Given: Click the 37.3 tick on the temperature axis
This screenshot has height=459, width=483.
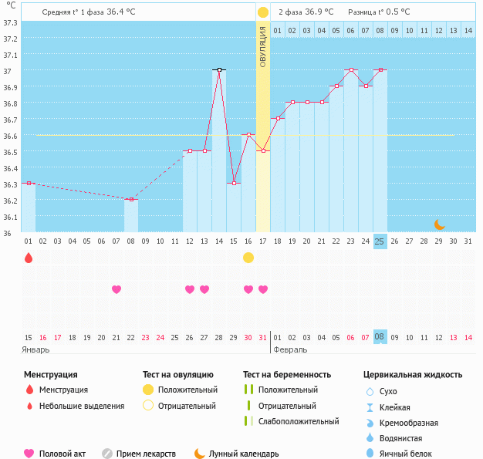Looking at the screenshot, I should pos(10,22).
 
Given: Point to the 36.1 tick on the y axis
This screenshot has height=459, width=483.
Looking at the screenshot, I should pos(10,217).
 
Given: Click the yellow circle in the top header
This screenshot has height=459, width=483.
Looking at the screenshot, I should pos(263,12).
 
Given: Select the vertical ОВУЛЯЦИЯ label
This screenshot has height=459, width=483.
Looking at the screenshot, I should pos(263,46).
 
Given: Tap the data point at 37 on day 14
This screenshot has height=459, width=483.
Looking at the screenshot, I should pos(219,70).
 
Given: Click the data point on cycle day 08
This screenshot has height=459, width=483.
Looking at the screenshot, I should pos(131,200).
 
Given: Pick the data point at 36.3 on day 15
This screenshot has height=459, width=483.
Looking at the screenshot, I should pos(234,184).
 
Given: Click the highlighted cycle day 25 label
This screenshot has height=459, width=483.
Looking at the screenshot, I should pos(380,241).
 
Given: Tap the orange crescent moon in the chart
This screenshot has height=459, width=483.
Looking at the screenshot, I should pos(439,224).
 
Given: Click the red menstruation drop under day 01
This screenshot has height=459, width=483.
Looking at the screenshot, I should pos(29,258).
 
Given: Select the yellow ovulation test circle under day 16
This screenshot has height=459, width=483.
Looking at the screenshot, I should pos(248,258).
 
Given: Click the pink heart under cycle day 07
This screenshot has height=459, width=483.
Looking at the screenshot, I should pos(117,289).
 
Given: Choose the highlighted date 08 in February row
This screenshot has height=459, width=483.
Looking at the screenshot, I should pos(380,337).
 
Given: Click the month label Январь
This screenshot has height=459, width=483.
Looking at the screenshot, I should pos(36,349).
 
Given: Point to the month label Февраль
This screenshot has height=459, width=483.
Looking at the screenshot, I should pos(291,349).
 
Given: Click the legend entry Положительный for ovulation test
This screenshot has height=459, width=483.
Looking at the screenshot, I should pos(187,390).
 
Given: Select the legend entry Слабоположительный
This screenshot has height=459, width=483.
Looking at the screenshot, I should pos(298,421).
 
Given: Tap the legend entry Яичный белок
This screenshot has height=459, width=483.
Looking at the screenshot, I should pos(410,454).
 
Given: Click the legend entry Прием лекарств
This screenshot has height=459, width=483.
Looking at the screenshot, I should pos(146,454).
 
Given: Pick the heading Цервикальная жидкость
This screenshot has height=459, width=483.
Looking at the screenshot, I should pos(413,375).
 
